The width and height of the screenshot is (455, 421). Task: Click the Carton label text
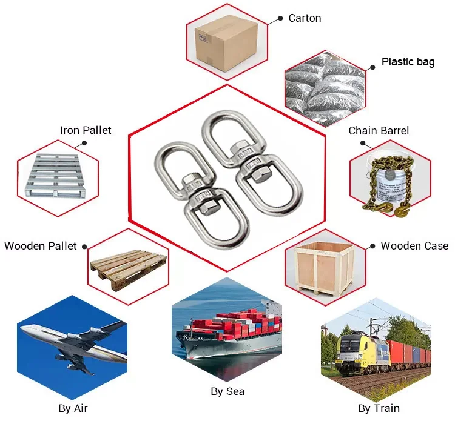point(305,18)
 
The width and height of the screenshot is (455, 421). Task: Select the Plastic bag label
point(408,62)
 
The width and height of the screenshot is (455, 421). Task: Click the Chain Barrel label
point(379,130)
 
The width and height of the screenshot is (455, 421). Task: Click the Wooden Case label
point(414,245)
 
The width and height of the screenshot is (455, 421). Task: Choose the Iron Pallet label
point(86,130)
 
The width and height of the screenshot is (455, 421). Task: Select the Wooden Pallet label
point(41,246)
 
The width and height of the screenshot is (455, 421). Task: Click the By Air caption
point(73,408)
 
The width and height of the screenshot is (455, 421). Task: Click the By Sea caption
point(227,391)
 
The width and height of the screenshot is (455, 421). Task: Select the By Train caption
point(379,408)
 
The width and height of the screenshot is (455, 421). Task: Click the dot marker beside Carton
point(280,19)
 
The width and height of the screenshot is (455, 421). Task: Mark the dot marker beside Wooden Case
point(372,246)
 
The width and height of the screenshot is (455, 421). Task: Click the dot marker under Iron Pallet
point(84,144)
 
